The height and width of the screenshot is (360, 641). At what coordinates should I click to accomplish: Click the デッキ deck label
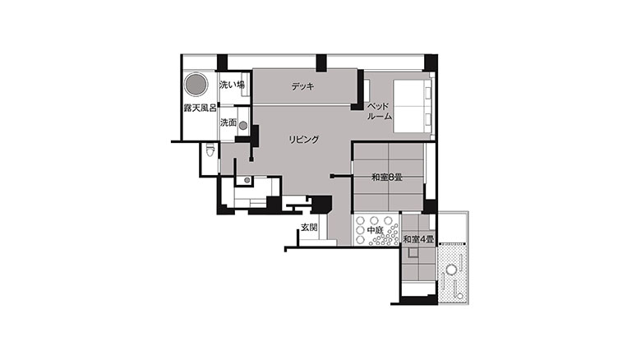point(303,87)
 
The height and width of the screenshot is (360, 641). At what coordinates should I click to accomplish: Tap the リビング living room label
point(303,140)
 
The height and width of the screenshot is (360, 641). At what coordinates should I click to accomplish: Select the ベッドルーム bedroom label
point(380,111)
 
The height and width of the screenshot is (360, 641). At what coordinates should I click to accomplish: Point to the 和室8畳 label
point(387,178)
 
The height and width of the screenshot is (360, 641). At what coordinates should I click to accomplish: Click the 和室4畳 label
point(418,239)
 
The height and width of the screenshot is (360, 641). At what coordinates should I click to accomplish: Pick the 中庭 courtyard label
point(375,231)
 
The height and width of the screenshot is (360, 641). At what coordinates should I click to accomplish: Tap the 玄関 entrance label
point(309,228)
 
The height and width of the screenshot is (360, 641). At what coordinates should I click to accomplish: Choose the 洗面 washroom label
point(228,122)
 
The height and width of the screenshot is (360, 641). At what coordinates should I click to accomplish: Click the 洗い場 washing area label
point(232,85)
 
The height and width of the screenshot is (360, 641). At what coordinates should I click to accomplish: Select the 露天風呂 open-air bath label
point(200,108)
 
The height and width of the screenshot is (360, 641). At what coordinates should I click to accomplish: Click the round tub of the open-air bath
point(196,85)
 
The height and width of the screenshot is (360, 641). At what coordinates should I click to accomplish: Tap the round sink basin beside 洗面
point(243,126)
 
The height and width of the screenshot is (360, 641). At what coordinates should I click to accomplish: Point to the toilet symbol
point(210,150)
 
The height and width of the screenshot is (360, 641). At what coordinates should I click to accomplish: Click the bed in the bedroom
point(412,106)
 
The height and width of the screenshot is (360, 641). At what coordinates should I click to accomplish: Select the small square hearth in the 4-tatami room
point(413,253)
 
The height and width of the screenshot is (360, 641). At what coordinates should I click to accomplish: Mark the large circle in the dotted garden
point(451,270)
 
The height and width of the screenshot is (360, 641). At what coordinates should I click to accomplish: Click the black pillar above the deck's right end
point(320,63)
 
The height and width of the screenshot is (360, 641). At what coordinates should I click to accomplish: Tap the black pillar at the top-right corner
point(431,62)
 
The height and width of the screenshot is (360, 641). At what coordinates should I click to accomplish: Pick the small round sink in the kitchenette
point(247,180)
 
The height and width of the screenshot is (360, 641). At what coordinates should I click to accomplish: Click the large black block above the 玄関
point(320,204)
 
